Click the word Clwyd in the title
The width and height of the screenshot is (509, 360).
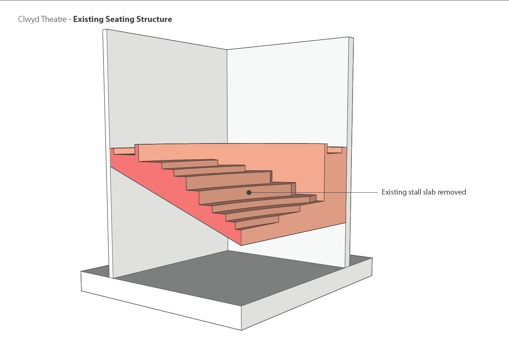tap(28, 19)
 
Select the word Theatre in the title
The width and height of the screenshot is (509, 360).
tap(53, 19)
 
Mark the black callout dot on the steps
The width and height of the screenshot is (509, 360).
tap(249, 192)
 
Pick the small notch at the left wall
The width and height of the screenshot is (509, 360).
tap(124, 151)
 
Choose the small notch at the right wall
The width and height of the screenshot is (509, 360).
tap(334, 150)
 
